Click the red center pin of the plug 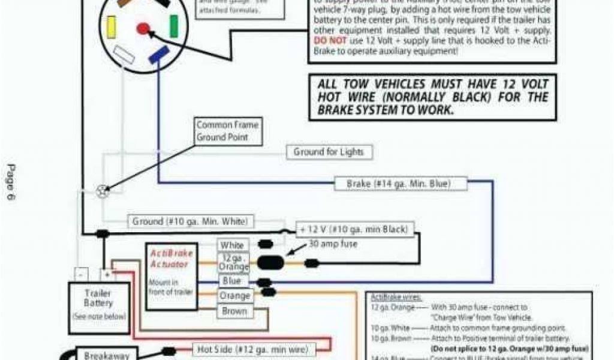[x=143, y=28]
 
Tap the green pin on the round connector [x=173, y=26]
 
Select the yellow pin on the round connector [x=111, y=26]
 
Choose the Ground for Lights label [x=329, y=152]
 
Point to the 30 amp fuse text [x=333, y=244]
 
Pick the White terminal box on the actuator [x=232, y=245]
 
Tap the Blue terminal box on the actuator [x=232, y=281]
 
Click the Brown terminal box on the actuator [x=234, y=311]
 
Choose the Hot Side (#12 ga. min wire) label [x=252, y=349]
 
